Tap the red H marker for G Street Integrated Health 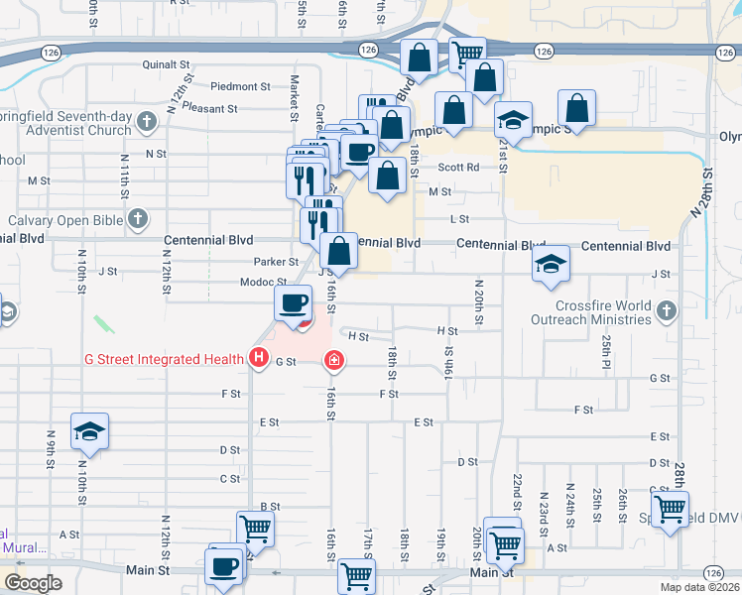(259, 357)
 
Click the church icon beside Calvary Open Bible (138, 218)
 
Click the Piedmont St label (240, 86)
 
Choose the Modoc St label (263, 283)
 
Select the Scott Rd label (458, 168)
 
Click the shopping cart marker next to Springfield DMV (671, 510)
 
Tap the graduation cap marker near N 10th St (89, 432)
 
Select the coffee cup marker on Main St (223, 567)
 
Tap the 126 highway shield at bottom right (713, 573)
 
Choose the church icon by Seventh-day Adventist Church (147, 122)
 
